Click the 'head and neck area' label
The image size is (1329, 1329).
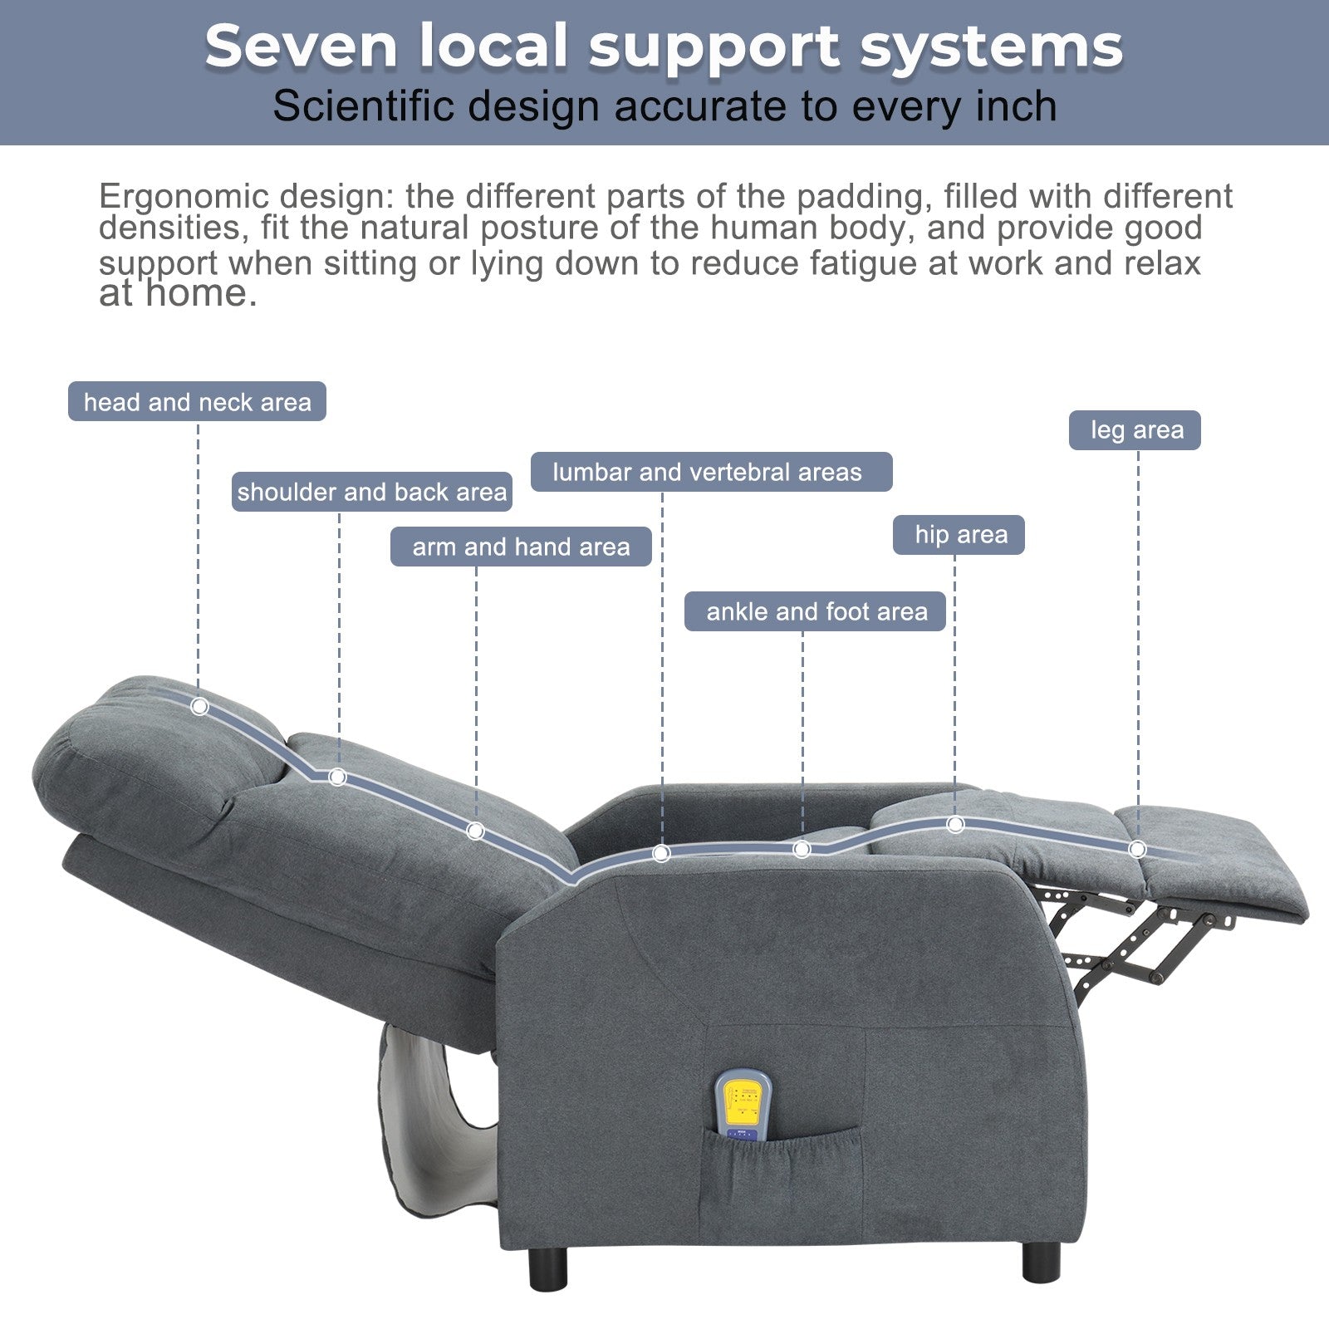click(x=197, y=401)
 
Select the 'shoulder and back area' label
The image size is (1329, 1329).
click(x=371, y=492)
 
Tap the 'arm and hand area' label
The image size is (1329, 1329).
click(x=521, y=547)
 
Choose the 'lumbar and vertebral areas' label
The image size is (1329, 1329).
click(x=711, y=472)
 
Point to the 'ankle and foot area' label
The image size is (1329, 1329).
click(x=815, y=611)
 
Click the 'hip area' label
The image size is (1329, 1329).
click(x=959, y=534)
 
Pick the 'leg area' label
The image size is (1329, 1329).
click(x=1135, y=430)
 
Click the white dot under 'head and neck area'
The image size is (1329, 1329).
click(x=199, y=706)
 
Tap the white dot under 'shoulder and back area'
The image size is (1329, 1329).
click(x=337, y=777)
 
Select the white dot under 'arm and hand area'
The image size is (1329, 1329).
click(x=476, y=831)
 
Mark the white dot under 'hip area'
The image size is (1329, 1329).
click(x=955, y=824)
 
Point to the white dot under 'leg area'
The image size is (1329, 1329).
click(x=1138, y=849)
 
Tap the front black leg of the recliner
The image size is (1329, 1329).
click(x=1042, y=1260)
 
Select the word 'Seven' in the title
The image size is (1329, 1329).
click(x=302, y=46)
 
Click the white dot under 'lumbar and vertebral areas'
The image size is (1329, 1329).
click(x=661, y=853)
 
